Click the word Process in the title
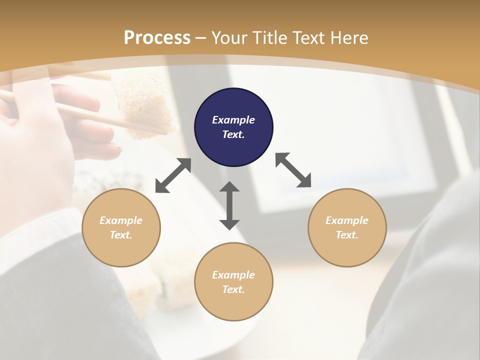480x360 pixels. coord(157,38)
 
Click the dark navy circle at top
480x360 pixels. coord(233,127)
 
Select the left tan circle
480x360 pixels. coord(121,227)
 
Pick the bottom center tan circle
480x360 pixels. coord(233,282)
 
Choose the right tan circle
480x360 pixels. coord(347,227)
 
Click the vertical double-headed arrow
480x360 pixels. coord(229,205)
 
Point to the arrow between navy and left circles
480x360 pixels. coord(173,175)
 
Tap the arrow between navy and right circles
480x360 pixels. coord(293,170)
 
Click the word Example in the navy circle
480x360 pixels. coord(233,120)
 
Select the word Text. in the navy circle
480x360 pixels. coord(233,134)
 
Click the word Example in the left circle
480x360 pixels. coord(121,220)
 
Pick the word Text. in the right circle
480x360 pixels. coord(347,235)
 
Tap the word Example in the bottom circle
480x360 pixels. coord(233,275)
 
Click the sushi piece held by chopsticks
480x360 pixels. coord(145,105)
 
